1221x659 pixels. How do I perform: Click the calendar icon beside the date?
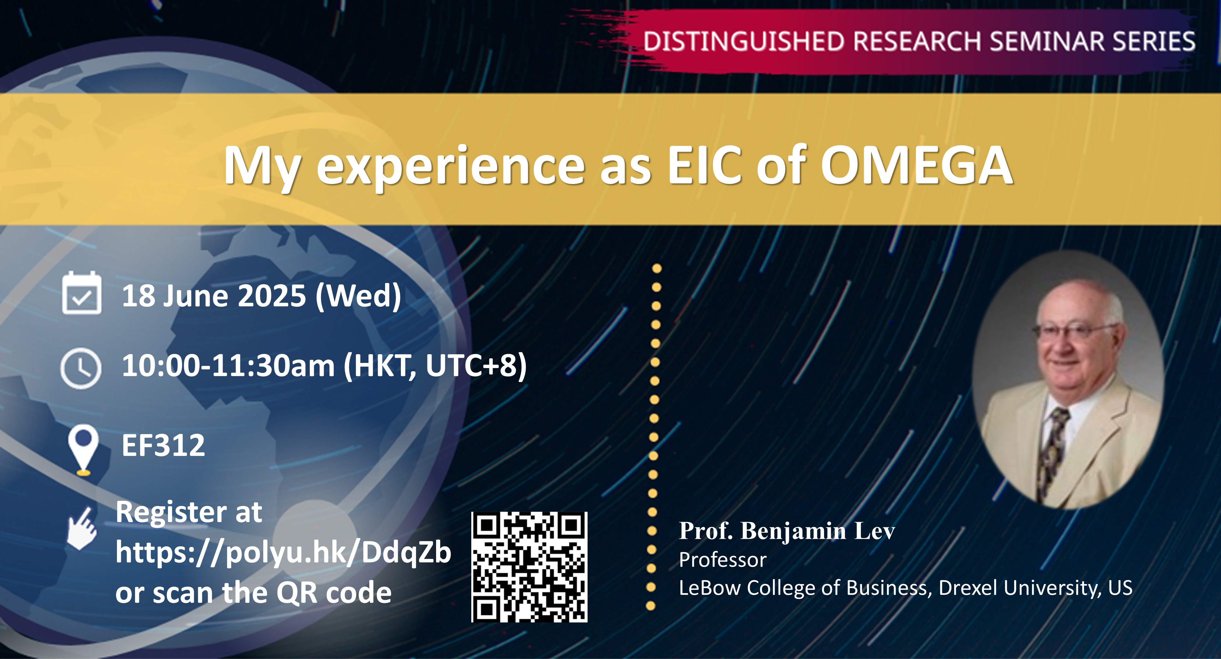pos(81,293)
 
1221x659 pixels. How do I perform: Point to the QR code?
pos(529,567)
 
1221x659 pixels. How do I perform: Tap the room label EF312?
pos(163,445)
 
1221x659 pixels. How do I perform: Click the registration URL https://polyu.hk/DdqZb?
pos(283,552)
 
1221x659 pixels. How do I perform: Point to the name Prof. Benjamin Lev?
pos(787,530)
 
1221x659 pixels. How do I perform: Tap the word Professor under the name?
pos(722,560)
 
